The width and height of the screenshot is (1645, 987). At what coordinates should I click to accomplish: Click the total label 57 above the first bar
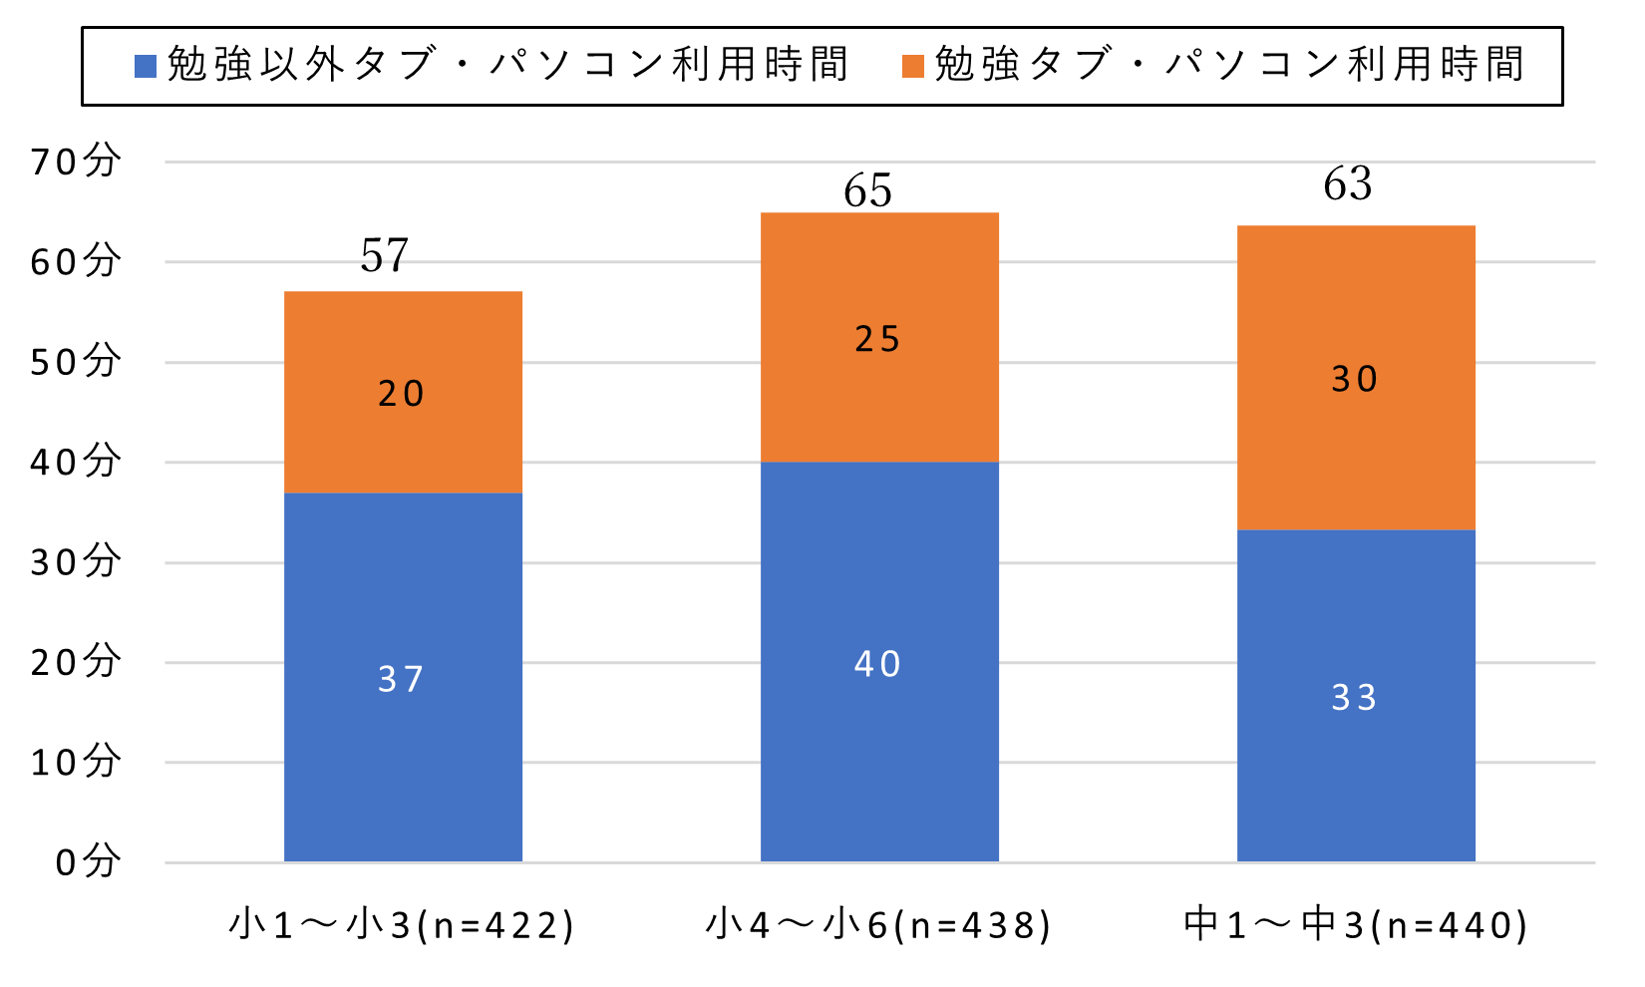coord(385,256)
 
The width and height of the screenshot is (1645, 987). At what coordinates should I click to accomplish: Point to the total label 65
coord(867,190)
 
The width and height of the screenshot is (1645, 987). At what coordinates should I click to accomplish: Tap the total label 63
coord(1348,184)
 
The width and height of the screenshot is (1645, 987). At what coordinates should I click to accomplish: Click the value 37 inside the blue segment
coord(401,680)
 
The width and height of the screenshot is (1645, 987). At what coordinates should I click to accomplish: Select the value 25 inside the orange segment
coord(878,340)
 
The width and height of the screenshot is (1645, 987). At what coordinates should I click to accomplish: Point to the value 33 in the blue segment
coord(1355,698)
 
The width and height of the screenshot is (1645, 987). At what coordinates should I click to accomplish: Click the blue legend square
coord(146,67)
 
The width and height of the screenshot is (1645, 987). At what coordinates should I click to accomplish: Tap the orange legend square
coord(913,67)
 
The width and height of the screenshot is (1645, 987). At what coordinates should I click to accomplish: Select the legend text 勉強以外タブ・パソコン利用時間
coord(507,65)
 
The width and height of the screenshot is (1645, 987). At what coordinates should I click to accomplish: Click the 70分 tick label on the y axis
coord(76,161)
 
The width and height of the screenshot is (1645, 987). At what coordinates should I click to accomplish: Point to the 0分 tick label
coord(88,861)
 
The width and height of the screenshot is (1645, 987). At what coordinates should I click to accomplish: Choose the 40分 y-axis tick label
coord(76,462)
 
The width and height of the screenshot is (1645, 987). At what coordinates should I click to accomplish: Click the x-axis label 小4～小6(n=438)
coord(878,925)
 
